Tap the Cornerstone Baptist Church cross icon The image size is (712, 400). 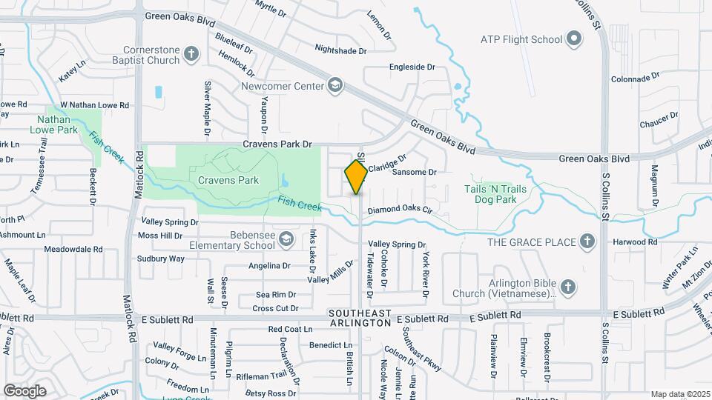click(x=191, y=53)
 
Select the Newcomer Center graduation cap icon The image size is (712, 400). click(x=336, y=86)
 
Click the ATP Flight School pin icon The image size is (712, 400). click(x=573, y=38)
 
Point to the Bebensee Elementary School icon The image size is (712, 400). click(x=287, y=238)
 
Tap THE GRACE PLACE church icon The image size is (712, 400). click(x=587, y=241)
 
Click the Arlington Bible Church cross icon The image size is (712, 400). click(x=568, y=286)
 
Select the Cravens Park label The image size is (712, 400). click(x=228, y=180)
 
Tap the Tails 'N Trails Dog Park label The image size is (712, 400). click(x=495, y=194)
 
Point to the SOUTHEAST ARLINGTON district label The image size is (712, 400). click(x=360, y=319)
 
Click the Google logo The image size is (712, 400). click(x=25, y=390)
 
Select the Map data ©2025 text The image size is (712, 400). click(x=679, y=394)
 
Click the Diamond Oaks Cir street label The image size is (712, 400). click(x=400, y=210)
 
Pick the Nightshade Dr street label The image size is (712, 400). click(x=340, y=50)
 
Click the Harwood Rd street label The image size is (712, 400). click(x=635, y=242)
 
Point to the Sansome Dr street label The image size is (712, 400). click(x=414, y=172)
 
